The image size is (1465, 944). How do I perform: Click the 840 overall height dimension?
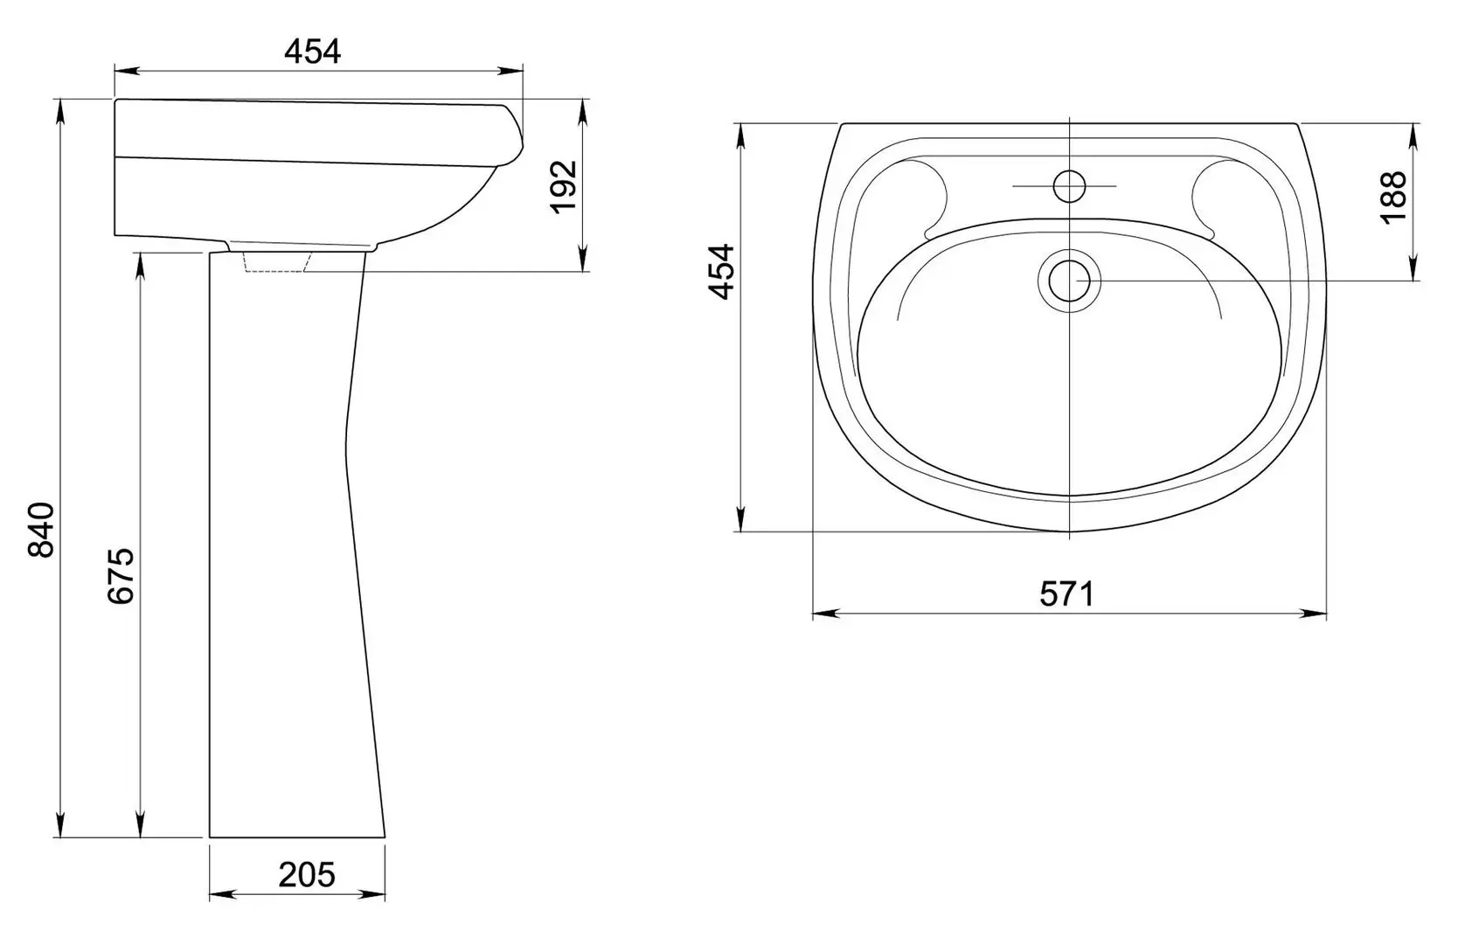point(41,529)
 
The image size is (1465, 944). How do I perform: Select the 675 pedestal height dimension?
point(121,576)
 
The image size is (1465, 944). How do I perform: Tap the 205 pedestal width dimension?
point(307,875)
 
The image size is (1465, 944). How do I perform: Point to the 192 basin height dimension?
point(563,187)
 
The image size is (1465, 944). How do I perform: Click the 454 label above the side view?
point(313,51)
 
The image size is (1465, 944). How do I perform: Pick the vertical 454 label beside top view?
point(722,272)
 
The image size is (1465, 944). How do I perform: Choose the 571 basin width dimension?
point(1066,594)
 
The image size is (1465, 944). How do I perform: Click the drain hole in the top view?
point(1069,281)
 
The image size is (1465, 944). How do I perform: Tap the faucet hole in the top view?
point(1069,186)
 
